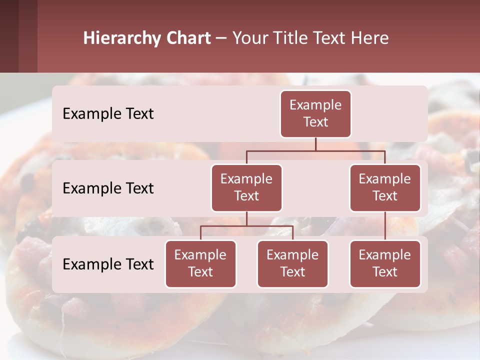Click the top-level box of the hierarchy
315,113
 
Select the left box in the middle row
246,187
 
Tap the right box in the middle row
385,187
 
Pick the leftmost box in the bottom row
200,263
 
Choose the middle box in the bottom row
292,263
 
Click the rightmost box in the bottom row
385,263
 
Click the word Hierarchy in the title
122,38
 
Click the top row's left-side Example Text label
108,113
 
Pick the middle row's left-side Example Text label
108,188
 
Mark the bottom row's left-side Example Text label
108,264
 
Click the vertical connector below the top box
315,144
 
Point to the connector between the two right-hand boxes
385,226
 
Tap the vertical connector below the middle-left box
246,219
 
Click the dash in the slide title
221,38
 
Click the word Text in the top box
315,122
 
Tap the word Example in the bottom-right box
385,255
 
